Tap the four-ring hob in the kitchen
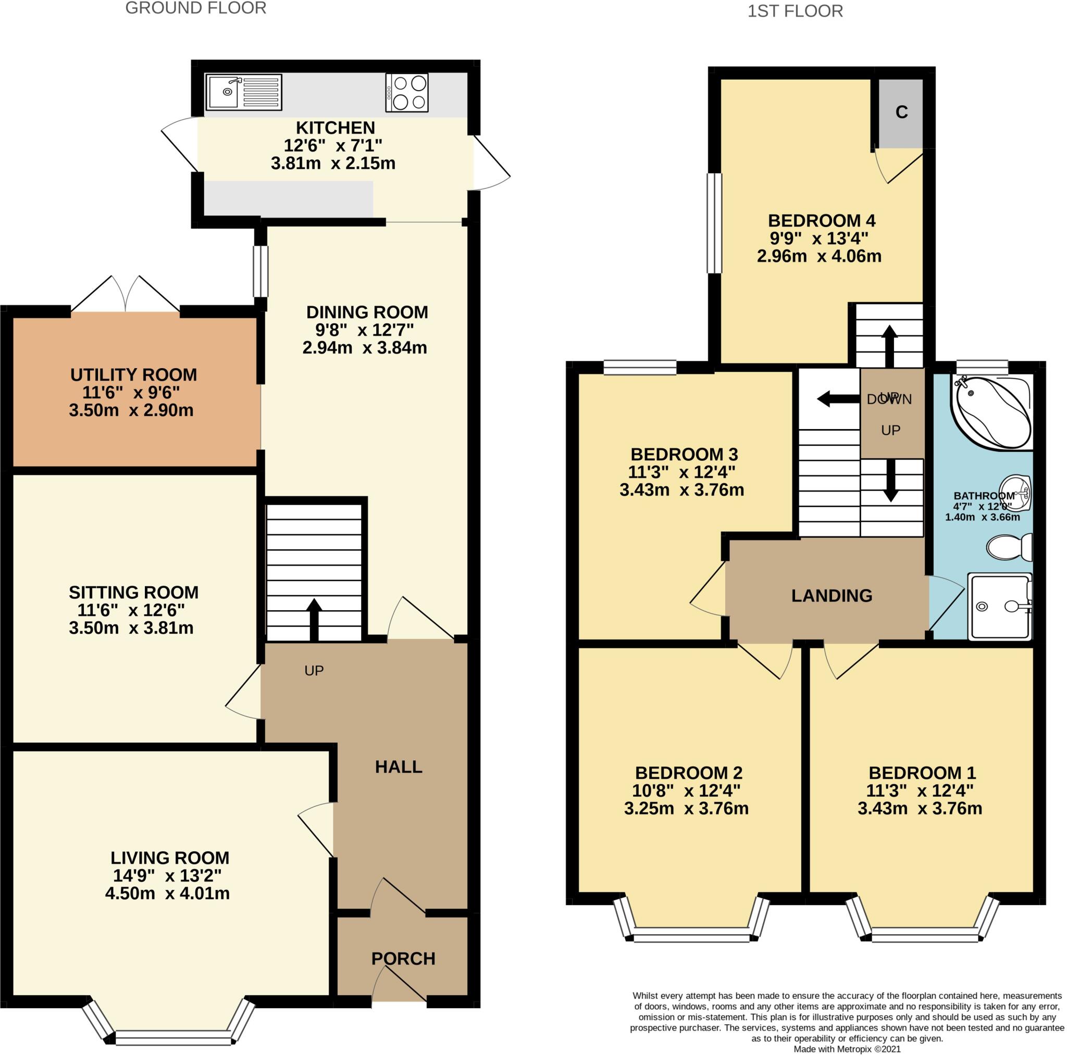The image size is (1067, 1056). (x=406, y=93)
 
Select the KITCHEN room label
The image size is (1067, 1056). (x=335, y=128)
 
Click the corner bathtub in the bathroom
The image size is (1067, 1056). (x=991, y=411)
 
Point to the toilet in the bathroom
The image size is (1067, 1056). (x=1009, y=547)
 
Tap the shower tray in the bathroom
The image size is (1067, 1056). (x=999, y=607)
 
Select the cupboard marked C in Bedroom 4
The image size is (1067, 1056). (x=901, y=113)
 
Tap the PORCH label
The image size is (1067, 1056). (x=403, y=958)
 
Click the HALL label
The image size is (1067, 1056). (x=398, y=766)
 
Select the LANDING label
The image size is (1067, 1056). (x=831, y=596)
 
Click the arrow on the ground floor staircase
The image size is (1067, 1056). (x=314, y=618)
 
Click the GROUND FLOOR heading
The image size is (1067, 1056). (x=195, y=8)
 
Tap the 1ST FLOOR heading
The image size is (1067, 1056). (x=795, y=11)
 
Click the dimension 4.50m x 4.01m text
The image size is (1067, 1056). (x=167, y=894)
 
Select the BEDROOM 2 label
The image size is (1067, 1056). (x=688, y=773)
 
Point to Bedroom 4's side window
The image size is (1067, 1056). (x=714, y=223)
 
